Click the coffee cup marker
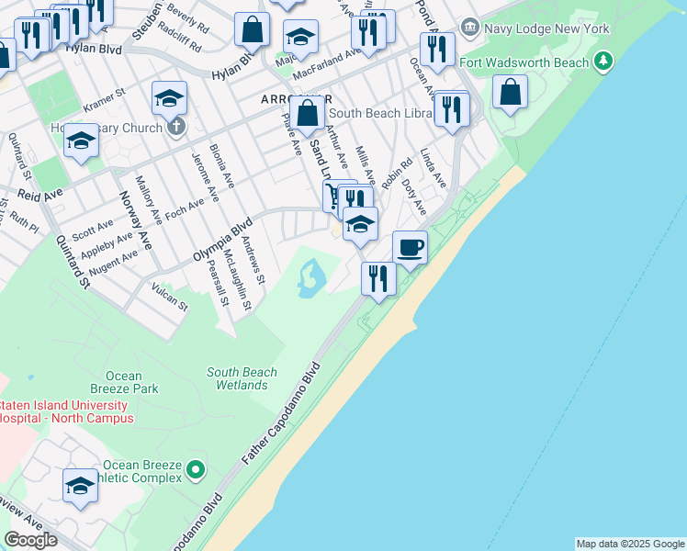click(x=410, y=246)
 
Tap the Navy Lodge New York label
click(x=547, y=29)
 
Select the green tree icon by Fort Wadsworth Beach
click(x=603, y=62)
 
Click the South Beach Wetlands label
click(x=242, y=379)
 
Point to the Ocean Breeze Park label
click(x=123, y=382)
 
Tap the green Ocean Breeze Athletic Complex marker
click(x=195, y=471)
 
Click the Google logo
click(x=30, y=540)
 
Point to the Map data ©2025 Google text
click(x=629, y=544)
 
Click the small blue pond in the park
click(x=310, y=277)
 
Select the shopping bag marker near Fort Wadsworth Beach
click(x=510, y=92)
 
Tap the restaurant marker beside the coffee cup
click(x=378, y=277)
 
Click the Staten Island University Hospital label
click(x=67, y=411)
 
